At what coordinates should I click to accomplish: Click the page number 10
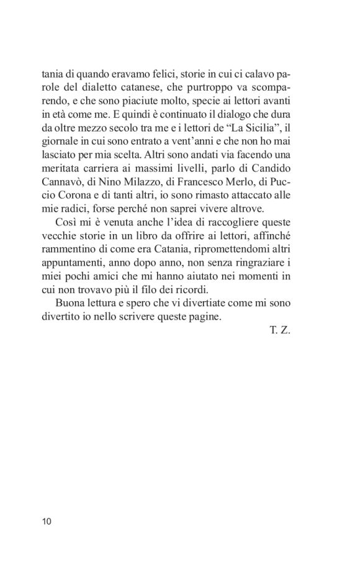[47, 520]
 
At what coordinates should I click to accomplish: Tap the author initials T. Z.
[281, 331]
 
